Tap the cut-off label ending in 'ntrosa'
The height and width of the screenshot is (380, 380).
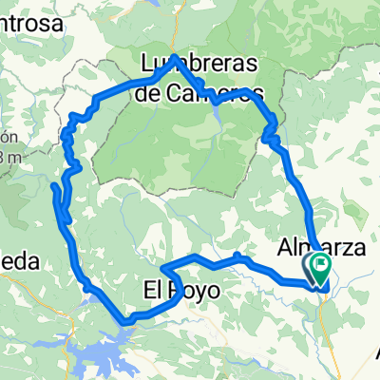28,20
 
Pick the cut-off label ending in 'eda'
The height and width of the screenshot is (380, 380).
19,265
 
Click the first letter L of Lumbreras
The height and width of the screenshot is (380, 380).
145,66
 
